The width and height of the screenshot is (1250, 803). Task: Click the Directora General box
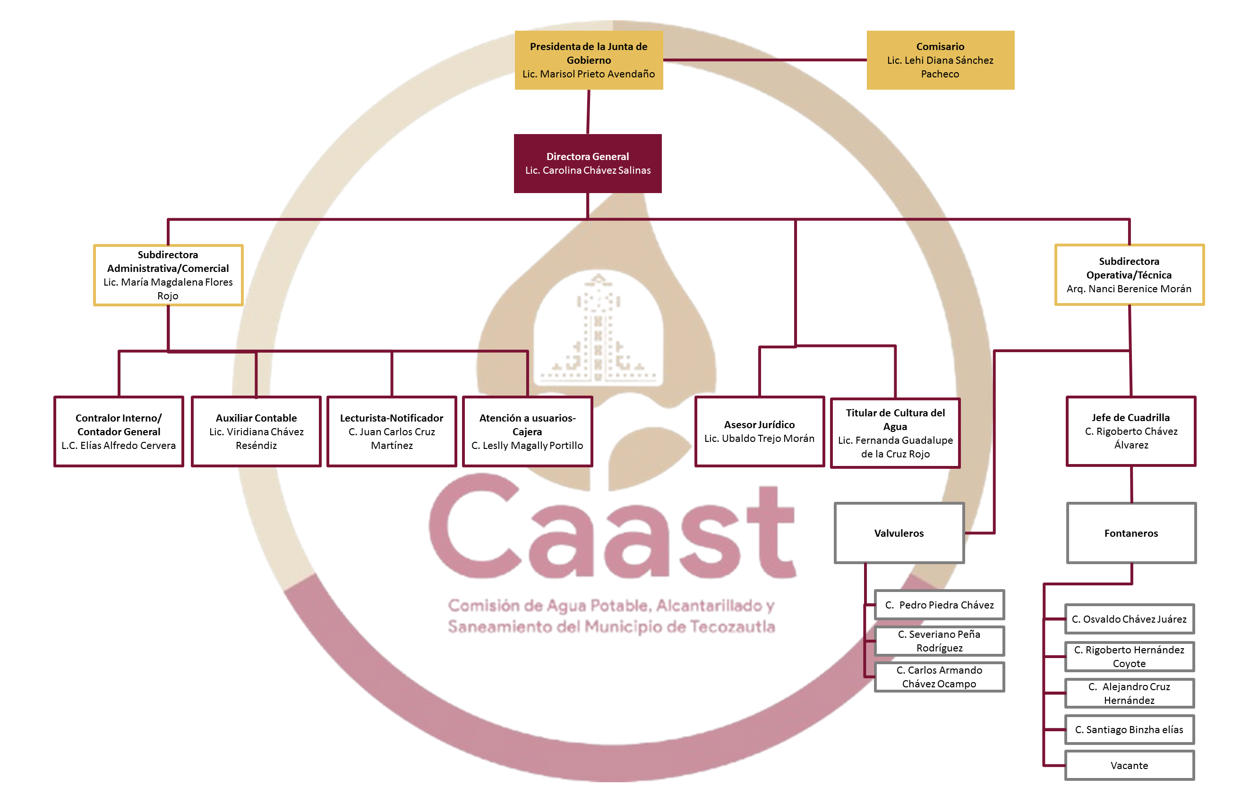pos(587,163)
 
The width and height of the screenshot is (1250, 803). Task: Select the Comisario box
pos(940,60)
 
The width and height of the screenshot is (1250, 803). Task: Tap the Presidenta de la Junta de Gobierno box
pos(589,60)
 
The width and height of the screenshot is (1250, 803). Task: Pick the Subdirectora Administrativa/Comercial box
pos(168,275)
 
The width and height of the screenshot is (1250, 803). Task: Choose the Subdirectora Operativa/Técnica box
pos(1129,275)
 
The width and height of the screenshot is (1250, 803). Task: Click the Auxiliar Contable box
pos(256,431)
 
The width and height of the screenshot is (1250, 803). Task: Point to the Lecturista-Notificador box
pos(391,431)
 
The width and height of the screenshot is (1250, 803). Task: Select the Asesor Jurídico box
pos(759,431)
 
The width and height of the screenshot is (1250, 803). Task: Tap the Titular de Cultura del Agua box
pos(895,433)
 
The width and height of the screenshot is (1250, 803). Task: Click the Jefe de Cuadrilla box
pos(1131,431)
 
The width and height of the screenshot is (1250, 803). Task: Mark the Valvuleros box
pos(899,533)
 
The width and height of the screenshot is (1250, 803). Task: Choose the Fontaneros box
pos(1131,533)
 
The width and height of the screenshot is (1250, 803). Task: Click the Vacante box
pos(1129,765)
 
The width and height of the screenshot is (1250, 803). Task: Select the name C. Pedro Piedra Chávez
pos(939,605)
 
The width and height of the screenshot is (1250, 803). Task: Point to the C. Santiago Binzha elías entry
pos(1129,729)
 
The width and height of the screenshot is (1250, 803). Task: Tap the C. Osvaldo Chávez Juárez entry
pos(1129,619)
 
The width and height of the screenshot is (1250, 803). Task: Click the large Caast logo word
pos(610,532)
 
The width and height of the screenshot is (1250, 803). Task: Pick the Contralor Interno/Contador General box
pos(119,431)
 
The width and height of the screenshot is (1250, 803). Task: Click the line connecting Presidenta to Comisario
pos(764,60)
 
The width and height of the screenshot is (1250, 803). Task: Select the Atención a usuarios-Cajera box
pos(527,431)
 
